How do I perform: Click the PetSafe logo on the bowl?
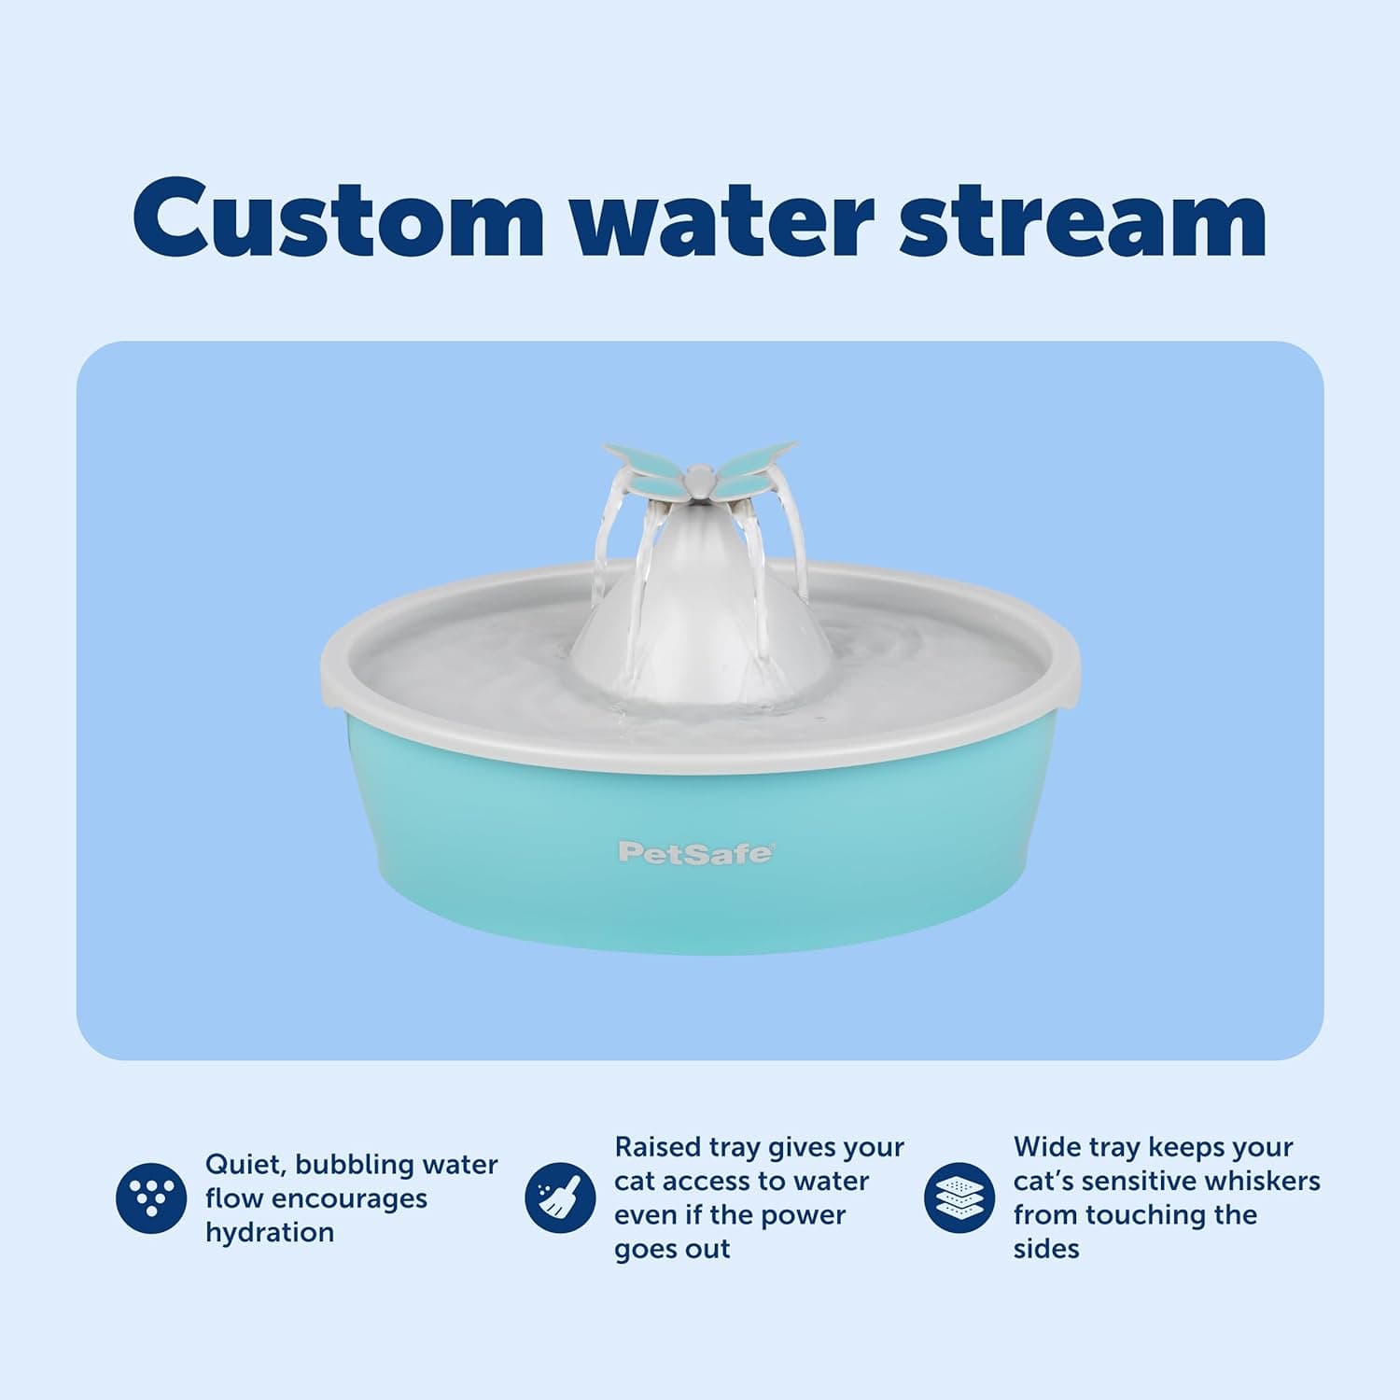(695, 853)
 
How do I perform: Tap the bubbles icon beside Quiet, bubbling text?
(151, 1197)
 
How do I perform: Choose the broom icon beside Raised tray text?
(560, 1197)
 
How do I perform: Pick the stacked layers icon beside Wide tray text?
(959, 1197)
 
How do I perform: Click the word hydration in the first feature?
(270, 1233)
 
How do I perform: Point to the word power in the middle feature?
(804, 1215)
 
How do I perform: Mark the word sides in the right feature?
(1046, 1249)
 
